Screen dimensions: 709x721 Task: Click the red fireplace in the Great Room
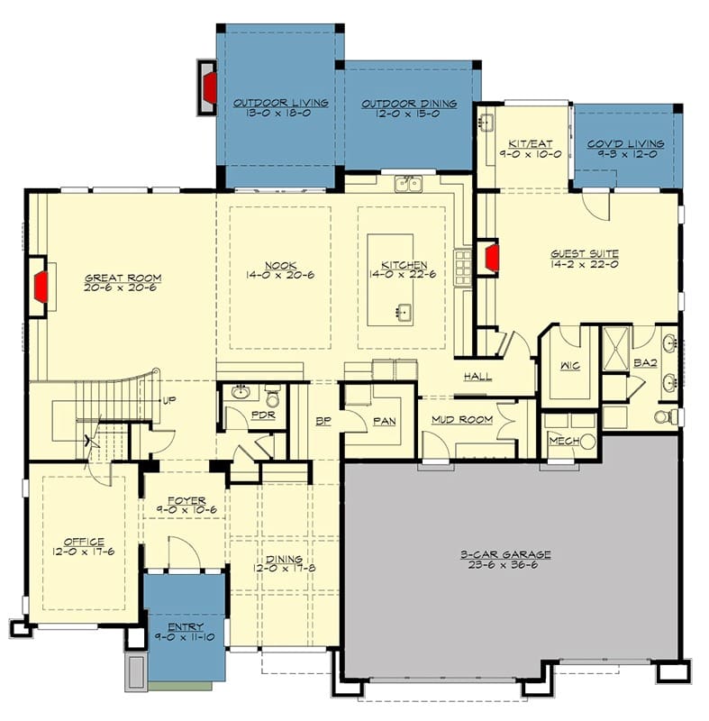coord(41,287)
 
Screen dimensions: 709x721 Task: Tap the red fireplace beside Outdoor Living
coord(211,87)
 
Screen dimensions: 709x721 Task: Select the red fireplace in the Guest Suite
coord(492,257)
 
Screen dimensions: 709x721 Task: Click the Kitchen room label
coord(404,265)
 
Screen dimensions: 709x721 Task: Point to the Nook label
coord(281,266)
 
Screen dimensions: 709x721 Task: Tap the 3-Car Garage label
coord(505,554)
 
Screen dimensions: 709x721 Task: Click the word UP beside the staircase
coord(169,400)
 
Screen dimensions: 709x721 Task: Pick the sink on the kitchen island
coord(404,313)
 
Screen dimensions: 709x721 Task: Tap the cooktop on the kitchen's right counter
coord(463,268)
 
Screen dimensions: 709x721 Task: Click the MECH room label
coord(564,441)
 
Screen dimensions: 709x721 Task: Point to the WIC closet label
coord(570,366)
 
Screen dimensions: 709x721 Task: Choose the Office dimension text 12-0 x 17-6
coord(83,552)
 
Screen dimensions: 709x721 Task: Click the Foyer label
coord(186,500)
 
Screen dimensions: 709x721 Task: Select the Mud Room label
coord(462,419)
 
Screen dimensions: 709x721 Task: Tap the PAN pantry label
coord(385,421)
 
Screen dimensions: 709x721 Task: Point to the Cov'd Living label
coord(626,144)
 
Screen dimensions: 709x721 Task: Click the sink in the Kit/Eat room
coord(486,123)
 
